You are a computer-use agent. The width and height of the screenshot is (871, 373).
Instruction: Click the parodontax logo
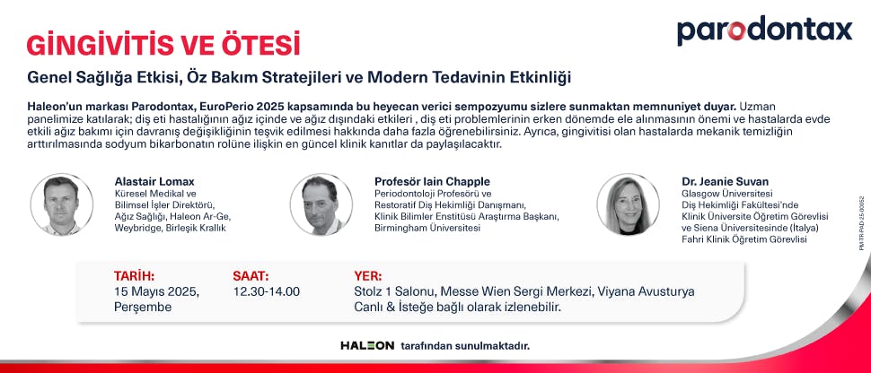point(764,30)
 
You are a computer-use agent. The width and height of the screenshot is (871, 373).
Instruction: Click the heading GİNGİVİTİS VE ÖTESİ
point(163,45)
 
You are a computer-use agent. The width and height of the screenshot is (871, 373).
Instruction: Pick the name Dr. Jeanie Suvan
point(725,181)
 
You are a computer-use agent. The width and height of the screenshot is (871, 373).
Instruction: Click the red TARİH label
point(134,275)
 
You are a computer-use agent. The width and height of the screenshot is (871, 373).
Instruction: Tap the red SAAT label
point(251,275)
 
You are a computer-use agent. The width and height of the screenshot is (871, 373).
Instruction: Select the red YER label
point(368,275)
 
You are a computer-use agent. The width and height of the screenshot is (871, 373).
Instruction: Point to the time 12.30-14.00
point(266,291)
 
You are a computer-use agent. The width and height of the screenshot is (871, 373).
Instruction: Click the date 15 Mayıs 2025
point(156,291)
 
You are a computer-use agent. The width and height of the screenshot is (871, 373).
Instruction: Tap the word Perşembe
point(141,307)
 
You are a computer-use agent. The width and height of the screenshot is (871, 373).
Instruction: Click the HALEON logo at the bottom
point(367,345)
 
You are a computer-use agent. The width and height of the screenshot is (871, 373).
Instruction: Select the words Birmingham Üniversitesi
point(427,229)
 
